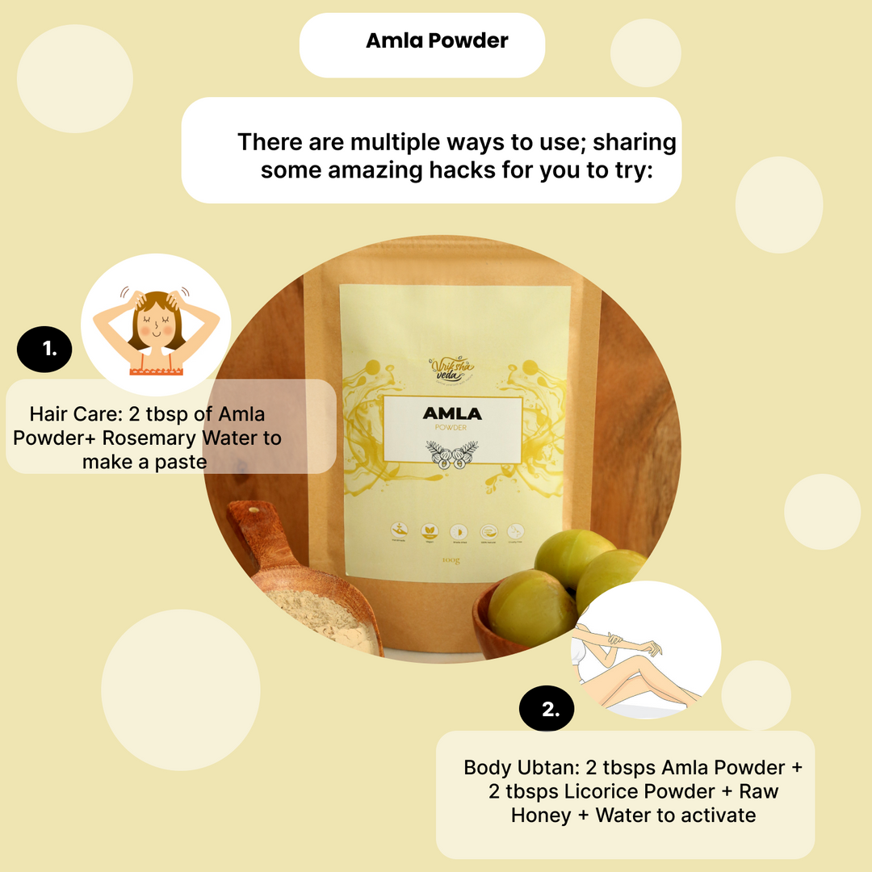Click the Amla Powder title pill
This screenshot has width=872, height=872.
pyautogui.click(x=422, y=44)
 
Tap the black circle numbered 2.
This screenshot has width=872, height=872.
pyautogui.click(x=547, y=711)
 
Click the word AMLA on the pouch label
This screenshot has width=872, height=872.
pyautogui.click(x=452, y=414)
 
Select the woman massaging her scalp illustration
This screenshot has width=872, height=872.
pyautogui.click(x=156, y=321)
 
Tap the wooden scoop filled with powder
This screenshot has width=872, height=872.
pyautogui.click(x=315, y=597)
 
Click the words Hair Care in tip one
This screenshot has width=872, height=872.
pyautogui.click(x=73, y=415)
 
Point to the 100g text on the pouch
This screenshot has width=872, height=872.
pyautogui.click(x=452, y=560)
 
